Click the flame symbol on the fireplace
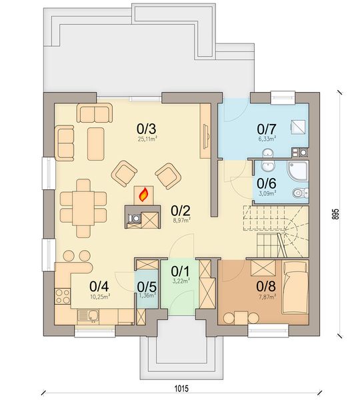(142, 195)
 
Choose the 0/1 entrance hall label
(180, 272)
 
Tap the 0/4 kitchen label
(99, 287)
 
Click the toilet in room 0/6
(301, 193)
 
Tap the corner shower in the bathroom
(297, 171)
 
